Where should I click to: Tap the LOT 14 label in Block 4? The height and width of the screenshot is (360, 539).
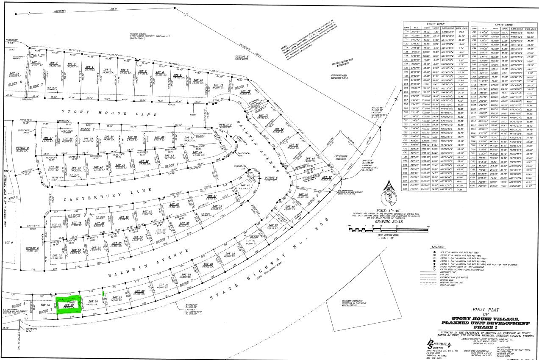14,74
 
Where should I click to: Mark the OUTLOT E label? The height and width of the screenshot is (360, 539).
32,248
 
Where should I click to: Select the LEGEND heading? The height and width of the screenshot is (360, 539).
437,246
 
